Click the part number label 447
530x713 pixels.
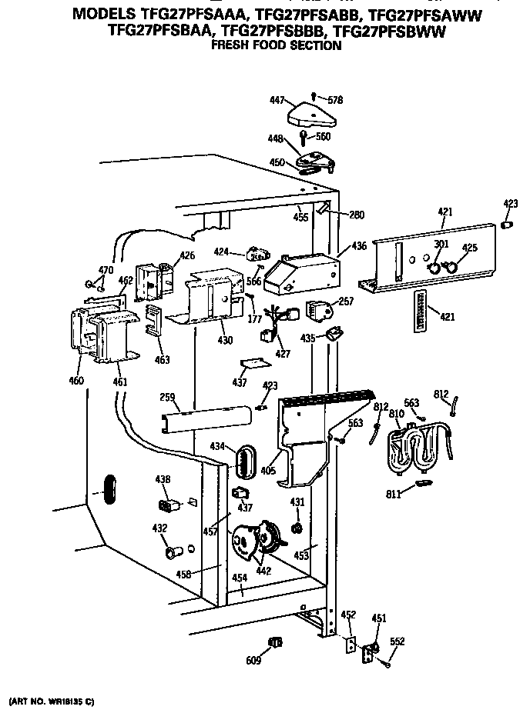click(277, 100)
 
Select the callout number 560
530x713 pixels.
click(323, 137)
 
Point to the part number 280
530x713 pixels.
click(357, 215)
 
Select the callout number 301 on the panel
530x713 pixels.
click(441, 245)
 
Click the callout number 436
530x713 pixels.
click(359, 246)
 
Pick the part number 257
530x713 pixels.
click(346, 302)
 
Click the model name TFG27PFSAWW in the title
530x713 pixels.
click(431, 15)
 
